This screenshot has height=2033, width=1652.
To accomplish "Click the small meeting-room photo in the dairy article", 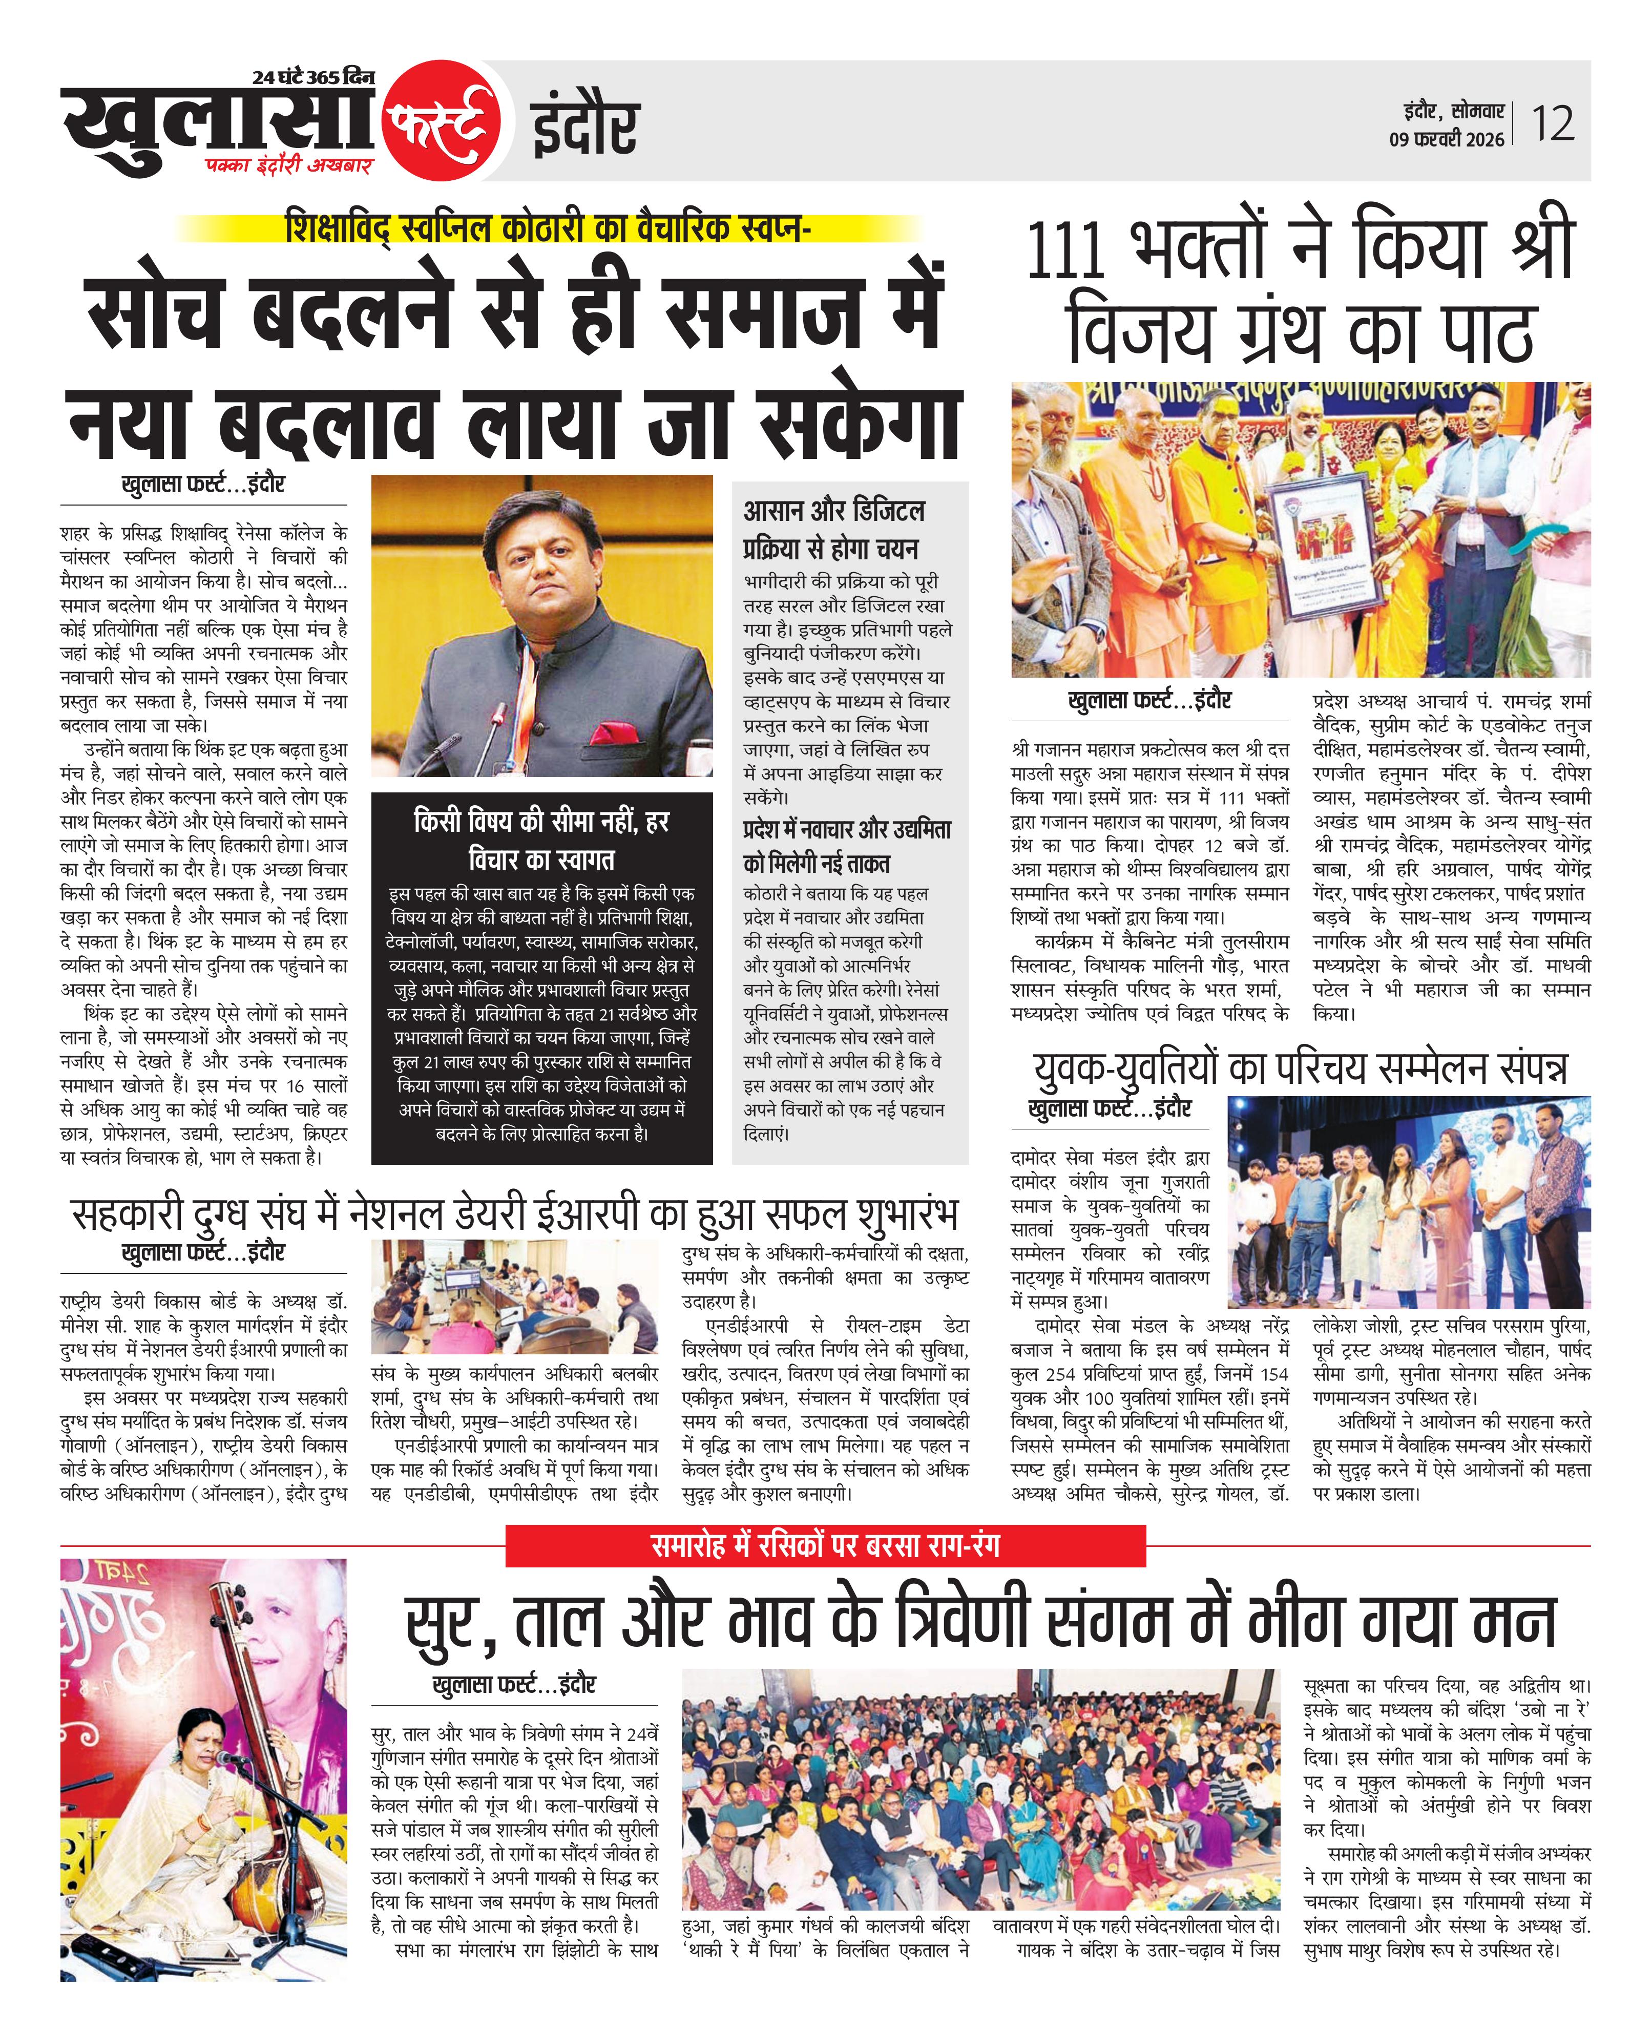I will [x=514, y=1296].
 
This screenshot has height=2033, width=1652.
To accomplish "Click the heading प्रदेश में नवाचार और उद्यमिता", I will [x=847, y=830].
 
